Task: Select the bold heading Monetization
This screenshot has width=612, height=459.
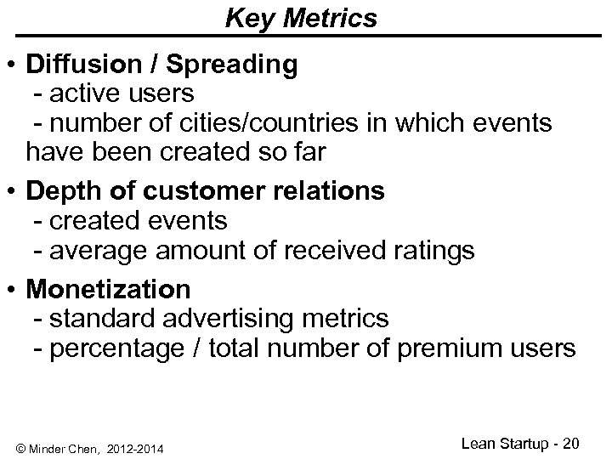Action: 109,289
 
